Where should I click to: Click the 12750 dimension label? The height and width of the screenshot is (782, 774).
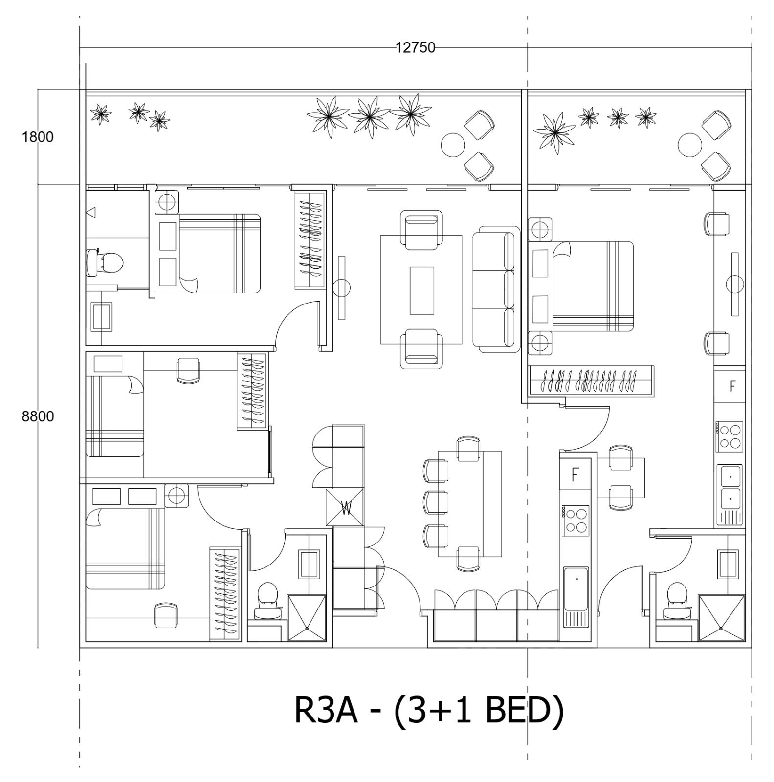[415, 47]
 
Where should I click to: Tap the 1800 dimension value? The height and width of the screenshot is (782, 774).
[38, 137]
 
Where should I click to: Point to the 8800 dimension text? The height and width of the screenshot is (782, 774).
[38, 416]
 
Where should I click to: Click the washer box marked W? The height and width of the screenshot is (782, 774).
[345, 508]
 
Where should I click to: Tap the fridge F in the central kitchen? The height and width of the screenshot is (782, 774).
[575, 474]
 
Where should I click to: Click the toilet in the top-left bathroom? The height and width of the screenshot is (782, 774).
[104, 262]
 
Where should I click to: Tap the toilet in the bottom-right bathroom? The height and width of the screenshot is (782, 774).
[677, 601]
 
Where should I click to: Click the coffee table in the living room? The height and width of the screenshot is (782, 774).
[421, 290]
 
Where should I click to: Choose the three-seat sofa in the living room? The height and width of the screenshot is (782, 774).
[495, 289]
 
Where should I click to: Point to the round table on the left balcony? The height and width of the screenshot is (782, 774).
[453, 145]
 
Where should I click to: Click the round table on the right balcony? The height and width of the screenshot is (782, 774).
[690, 145]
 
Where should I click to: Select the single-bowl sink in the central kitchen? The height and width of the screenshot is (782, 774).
[575, 589]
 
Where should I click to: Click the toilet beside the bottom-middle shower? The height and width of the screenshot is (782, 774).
[267, 601]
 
